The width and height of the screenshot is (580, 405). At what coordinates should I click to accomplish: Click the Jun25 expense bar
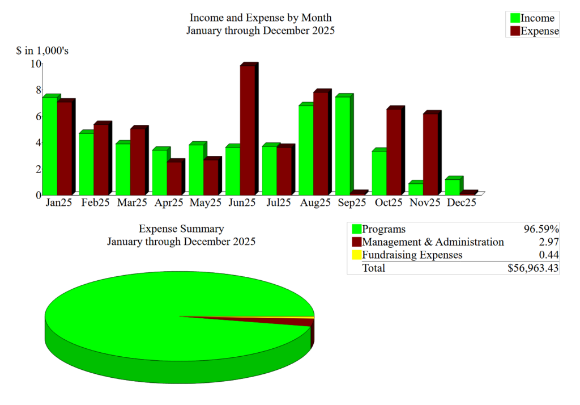[247, 130]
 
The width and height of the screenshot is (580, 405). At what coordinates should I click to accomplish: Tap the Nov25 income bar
[415, 188]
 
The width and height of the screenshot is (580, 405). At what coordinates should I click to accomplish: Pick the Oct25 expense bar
[394, 151]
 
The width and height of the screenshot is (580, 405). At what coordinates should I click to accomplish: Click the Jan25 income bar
[49, 146]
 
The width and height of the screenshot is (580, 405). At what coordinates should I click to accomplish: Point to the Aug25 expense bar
[321, 143]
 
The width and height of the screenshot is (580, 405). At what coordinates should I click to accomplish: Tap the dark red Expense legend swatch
[515, 31]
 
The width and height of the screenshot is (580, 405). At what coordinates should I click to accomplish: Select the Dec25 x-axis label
[461, 202]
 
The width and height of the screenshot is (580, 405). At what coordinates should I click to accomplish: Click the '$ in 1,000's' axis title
[42, 51]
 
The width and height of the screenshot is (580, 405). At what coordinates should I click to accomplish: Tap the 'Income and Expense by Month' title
[261, 18]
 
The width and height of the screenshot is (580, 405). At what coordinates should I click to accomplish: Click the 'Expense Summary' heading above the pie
[181, 229]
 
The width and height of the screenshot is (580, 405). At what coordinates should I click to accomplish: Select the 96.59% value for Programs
[541, 229]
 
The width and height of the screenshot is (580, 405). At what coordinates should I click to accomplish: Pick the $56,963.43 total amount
[534, 268]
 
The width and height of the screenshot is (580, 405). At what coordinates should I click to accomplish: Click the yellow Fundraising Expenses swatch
[357, 255]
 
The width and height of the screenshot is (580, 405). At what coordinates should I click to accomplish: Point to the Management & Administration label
[433, 242]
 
